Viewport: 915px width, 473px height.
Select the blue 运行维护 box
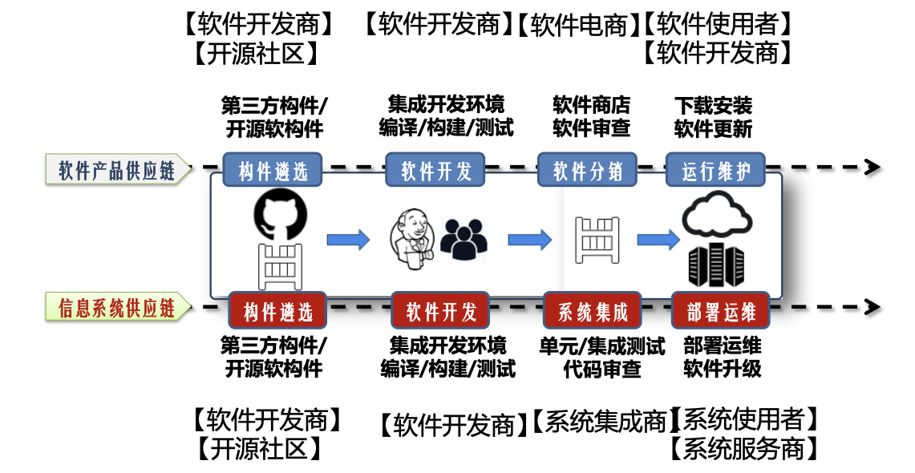point(715,170)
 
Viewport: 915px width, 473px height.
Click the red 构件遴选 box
point(277,310)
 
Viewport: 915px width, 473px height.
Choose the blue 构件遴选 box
point(273,170)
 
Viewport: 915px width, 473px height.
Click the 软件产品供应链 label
point(117,170)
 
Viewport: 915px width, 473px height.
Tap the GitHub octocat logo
point(280,213)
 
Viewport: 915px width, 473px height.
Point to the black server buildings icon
point(716,265)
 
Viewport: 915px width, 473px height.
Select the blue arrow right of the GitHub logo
point(347,239)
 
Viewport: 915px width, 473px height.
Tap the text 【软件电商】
point(578,25)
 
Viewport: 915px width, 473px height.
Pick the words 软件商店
point(592,105)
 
